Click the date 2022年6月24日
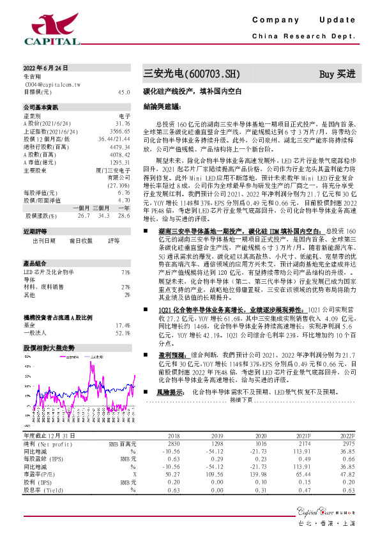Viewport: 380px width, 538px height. [45, 67]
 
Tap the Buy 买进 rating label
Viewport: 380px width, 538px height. [337, 73]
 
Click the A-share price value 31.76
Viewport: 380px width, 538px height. [123, 123]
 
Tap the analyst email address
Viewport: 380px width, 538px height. [49, 84]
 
